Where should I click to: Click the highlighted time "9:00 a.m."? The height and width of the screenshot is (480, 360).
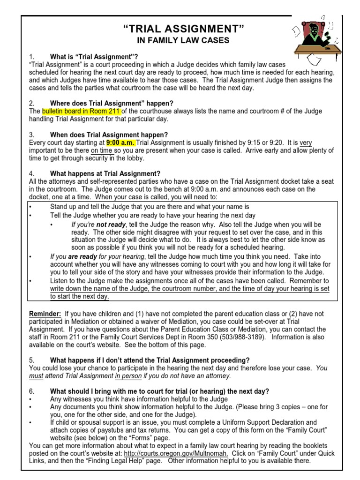(x=121, y=142)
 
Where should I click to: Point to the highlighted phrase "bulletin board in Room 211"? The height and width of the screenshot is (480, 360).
(x=82, y=112)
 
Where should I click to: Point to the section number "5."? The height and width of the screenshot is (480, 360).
(x=31, y=360)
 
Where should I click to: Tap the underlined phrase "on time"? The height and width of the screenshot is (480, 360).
(x=101, y=150)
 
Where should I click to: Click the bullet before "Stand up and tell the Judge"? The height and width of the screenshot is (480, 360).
(x=30, y=207)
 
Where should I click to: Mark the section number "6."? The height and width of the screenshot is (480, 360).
(x=31, y=391)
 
